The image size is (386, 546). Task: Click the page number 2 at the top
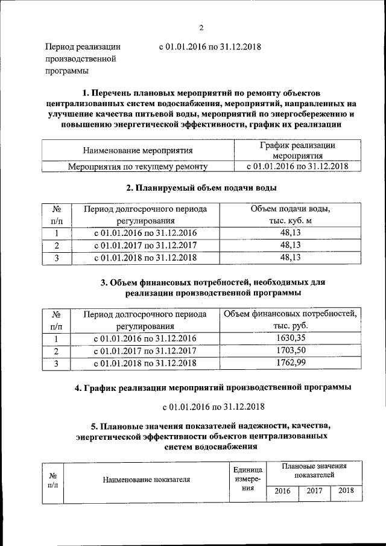[x=201, y=27]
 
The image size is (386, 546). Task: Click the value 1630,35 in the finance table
[x=291, y=338]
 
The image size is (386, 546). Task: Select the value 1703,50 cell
[x=291, y=351]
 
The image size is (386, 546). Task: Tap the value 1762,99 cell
[x=291, y=363]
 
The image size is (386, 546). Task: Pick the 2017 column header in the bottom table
[x=314, y=490]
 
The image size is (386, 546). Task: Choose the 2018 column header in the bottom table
[x=346, y=490]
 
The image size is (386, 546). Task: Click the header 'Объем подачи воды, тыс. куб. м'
[x=290, y=215]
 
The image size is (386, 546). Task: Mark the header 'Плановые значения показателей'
[x=314, y=471]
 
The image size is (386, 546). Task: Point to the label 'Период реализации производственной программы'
[x=83, y=59]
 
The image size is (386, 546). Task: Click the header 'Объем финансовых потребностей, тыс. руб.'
[x=291, y=320]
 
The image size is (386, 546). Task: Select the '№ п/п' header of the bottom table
[x=52, y=480]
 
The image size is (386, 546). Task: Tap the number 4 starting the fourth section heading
[x=78, y=387]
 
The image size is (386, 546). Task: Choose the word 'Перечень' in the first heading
[x=114, y=94]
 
